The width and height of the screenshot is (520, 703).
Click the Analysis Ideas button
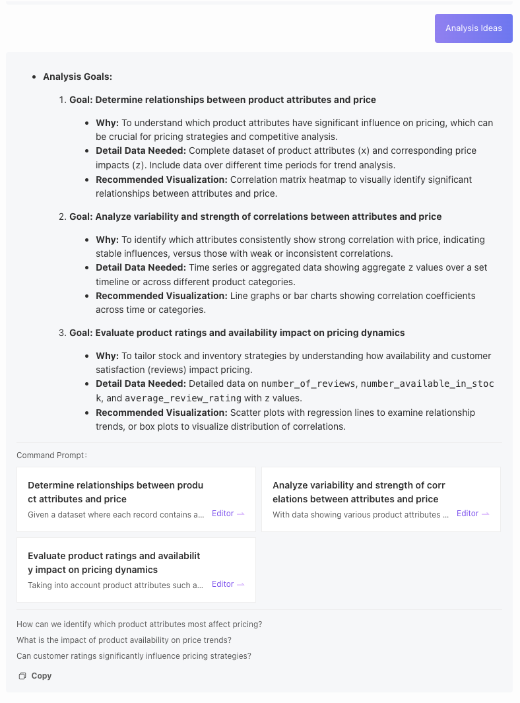pyautogui.click(x=473, y=28)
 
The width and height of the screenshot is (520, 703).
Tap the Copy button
pyautogui.click(x=41, y=676)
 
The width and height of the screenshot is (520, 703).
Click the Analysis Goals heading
pyautogui.click(x=77, y=77)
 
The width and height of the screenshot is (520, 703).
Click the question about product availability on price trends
pyautogui.click(x=124, y=640)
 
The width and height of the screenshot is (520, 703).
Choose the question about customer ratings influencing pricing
pyautogui.click(x=134, y=656)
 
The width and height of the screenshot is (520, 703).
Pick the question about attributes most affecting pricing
pyautogui.click(x=139, y=624)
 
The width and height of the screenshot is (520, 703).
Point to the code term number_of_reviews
pyautogui.click(x=308, y=384)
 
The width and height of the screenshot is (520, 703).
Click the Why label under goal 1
pyautogui.click(x=107, y=123)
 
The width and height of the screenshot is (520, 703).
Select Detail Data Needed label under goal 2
pyautogui.click(x=141, y=267)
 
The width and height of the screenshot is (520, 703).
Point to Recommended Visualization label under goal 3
pyautogui.click(x=161, y=413)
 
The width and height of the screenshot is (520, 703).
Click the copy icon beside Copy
pyautogui.click(x=22, y=676)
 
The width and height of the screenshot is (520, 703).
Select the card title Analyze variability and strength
pyautogui.click(x=358, y=492)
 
